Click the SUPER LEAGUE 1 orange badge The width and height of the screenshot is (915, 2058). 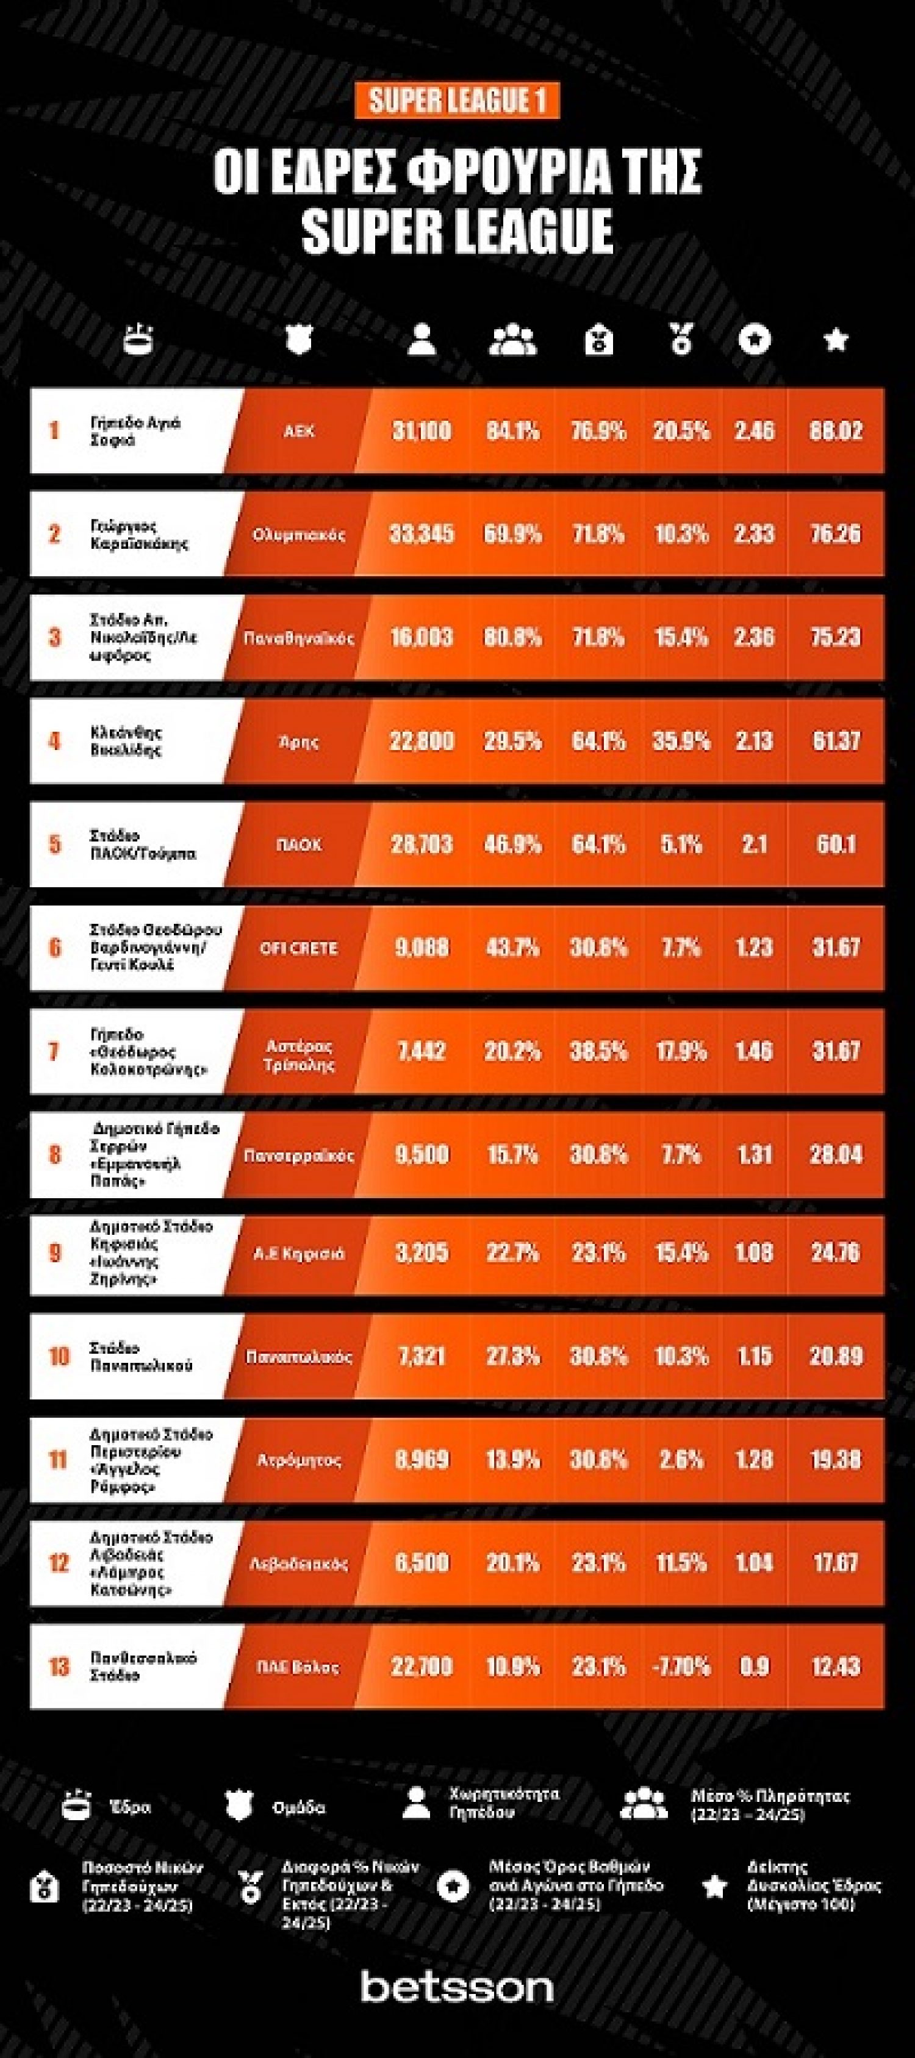pyautogui.click(x=457, y=101)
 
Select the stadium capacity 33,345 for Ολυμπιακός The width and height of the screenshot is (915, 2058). pyautogui.click(x=421, y=534)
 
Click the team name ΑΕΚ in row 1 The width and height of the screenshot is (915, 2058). pyautogui.click(x=299, y=431)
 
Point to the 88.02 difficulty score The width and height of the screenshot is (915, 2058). pyautogui.click(x=836, y=431)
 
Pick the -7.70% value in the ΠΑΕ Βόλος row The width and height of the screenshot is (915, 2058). pyautogui.click(x=681, y=1667)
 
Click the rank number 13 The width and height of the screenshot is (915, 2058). pyautogui.click(x=59, y=1667)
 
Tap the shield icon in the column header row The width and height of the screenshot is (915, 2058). pyautogui.click(x=299, y=340)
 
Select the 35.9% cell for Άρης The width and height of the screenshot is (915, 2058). pyautogui.click(x=681, y=741)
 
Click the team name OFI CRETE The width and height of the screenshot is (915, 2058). pyautogui.click(x=299, y=948)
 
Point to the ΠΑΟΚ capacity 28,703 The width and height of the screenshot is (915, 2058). pyautogui.click(x=421, y=845)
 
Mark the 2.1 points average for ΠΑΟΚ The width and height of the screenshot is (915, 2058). pyautogui.click(x=755, y=845)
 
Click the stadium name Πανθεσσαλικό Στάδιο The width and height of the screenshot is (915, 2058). pyautogui.click(x=143, y=1667)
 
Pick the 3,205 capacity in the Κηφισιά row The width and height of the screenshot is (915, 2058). pyautogui.click(x=421, y=1252)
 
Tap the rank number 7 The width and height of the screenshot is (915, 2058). pyautogui.click(x=54, y=1051)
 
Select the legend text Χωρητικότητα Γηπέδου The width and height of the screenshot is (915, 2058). pyautogui.click(x=503, y=1803)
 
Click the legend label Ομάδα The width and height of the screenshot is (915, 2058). pyautogui.click(x=299, y=1808)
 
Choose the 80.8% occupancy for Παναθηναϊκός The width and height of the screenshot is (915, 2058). pyautogui.click(x=512, y=638)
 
